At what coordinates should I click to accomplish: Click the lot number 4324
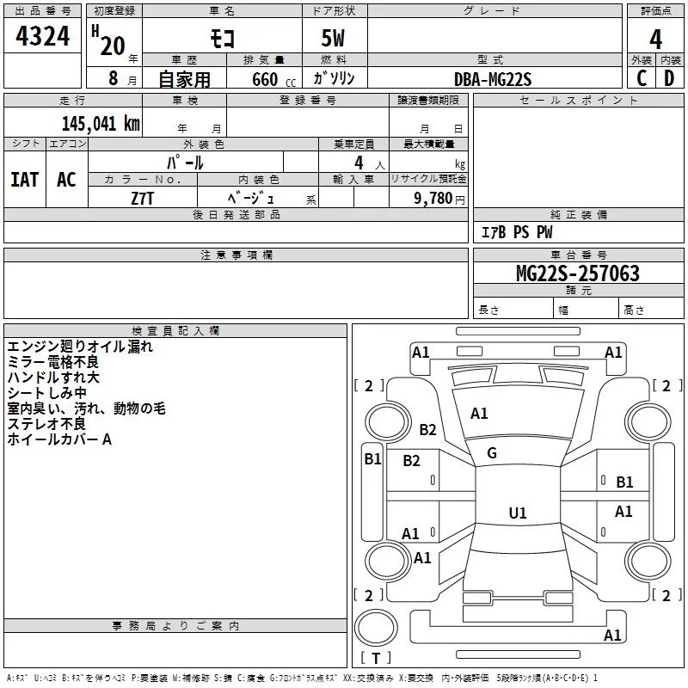pyautogui.click(x=43, y=38)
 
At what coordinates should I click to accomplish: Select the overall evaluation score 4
pyautogui.click(x=655, y=40)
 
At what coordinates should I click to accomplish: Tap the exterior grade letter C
pyautogui.click(x=641, y=77)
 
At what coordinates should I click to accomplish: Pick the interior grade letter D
pyautogui.click(x=669, y=77)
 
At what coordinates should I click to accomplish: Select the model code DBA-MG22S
pyautogui.click(x=493, y=79)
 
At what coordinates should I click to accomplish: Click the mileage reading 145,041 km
pyautogui.click(x=100, y=123)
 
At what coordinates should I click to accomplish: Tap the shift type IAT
pyautogui.click(x=25, y=179)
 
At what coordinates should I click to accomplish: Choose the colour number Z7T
pyautogui.click(x=143, y=198)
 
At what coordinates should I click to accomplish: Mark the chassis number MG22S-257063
pyautogui.click(x=577, y=274)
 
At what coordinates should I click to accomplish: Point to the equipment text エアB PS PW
pyautogui.click(x=516, y=232)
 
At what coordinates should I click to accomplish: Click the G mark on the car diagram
pyautogui.click(x=492, y=453)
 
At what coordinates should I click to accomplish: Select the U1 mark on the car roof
pyautogui.click(x=517, y=513)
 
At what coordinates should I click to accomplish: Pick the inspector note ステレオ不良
pyautogui.click(x=46, y=424)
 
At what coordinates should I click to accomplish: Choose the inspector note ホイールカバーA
pyautogui.click(x=59, y=439)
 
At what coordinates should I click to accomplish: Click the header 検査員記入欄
pyautogui.click(x=175, y=330)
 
